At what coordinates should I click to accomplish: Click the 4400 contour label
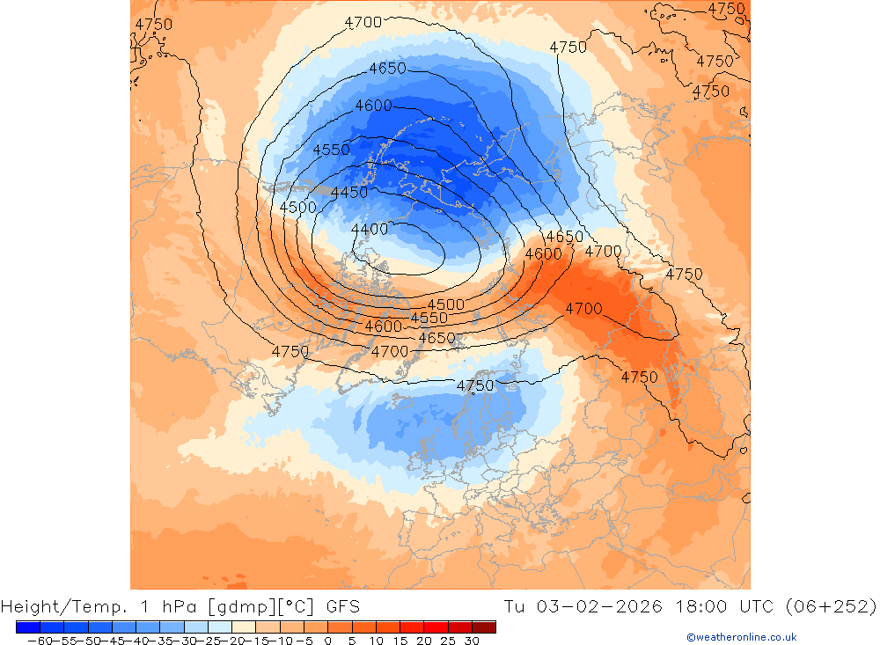tap(369, 230)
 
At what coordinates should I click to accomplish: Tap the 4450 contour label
tap(349, 193)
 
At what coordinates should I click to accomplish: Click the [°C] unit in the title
tap(295, 606)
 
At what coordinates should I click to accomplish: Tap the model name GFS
tap(342, 606)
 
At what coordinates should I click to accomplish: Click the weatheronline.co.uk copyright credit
tap(742, 637)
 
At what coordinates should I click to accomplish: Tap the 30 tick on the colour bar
tap(473, 641)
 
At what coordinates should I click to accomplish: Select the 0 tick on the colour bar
tap(328, 641)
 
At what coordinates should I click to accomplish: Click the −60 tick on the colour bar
tap(38, 641)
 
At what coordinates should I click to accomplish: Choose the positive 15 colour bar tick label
tap(400, 641)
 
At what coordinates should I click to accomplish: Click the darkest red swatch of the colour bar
tap(484, 627)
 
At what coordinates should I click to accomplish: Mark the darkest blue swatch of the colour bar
tap(27, 627)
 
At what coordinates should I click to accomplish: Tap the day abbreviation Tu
tap(515, 606)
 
